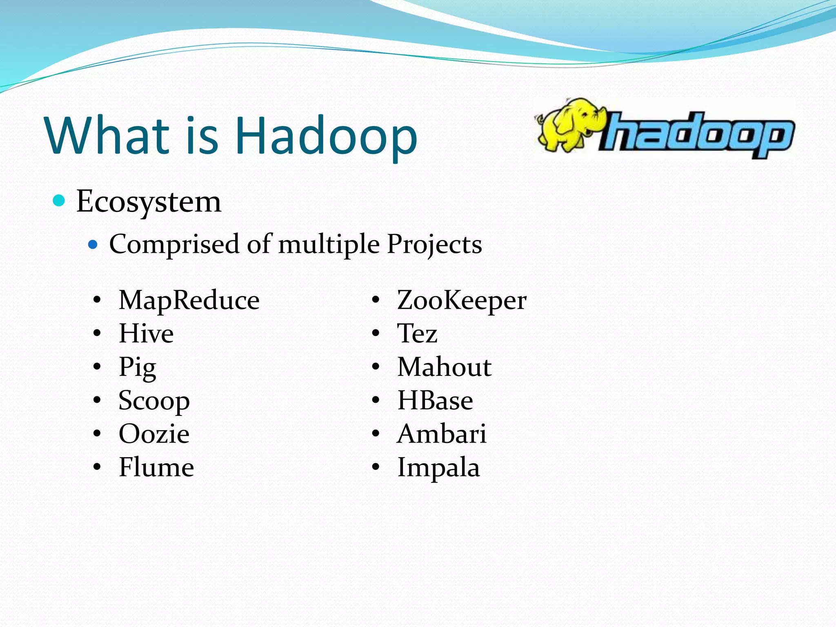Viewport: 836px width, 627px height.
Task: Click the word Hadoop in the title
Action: (x=326, y=136)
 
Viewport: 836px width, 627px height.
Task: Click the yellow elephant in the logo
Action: (x=568, y=125)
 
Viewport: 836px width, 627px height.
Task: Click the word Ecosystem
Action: (x=149, y=202)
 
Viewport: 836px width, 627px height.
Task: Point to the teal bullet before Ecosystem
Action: (x=59, y=201)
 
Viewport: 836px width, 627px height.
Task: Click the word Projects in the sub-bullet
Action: (x=434, y=245)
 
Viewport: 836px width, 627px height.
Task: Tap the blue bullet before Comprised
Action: (x=93, y=245)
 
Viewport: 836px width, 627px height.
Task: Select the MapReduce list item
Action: (x=189, y=300)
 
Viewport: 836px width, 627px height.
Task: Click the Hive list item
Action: (x=146, y=334)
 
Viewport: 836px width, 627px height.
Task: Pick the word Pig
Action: (x=137, y=367)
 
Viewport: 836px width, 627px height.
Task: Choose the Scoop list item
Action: (x=154, y=401)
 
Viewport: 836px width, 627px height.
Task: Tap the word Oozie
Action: (x=154, y=434)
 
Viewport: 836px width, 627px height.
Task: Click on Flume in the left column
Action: (x=156, y=467)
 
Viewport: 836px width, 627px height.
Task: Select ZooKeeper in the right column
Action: (x=462, y=300)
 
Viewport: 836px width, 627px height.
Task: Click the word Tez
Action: (x=417, y=334)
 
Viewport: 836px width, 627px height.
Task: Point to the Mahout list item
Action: (x=444, y=367)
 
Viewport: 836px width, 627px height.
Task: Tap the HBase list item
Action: (x=435, y=400)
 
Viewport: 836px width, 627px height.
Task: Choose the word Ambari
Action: (x=442, y=434)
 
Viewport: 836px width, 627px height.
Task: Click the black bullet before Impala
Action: (x=376, y=467)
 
